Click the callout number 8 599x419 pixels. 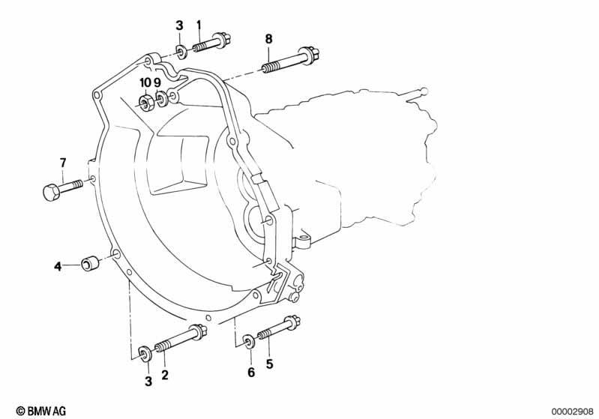(269, 39)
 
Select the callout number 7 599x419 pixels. (63, 163)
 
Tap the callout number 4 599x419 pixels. (58, 266)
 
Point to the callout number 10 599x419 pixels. (145, 82)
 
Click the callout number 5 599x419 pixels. (270, 364)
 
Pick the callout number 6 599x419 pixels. (251, 372)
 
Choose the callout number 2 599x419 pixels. (165, 375)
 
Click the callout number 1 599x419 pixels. (199, 25)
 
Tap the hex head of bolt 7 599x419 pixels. (50, 192)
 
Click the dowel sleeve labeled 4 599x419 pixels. (90, 264)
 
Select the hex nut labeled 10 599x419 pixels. (146, 103)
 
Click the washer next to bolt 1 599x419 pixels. (181, 52)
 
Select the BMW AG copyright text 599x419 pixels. (41, 411)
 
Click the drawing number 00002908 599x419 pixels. (573, 411)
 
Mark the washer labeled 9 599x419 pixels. (162, 99)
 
